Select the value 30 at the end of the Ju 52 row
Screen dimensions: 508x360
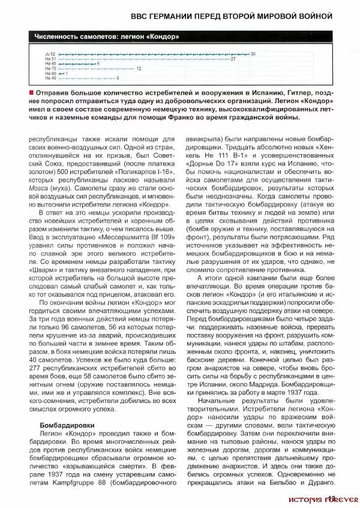click(x=253, y=54)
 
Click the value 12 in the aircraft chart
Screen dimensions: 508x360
click(x=139, y=68)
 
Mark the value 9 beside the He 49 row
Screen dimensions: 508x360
click(x=118, y=78)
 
